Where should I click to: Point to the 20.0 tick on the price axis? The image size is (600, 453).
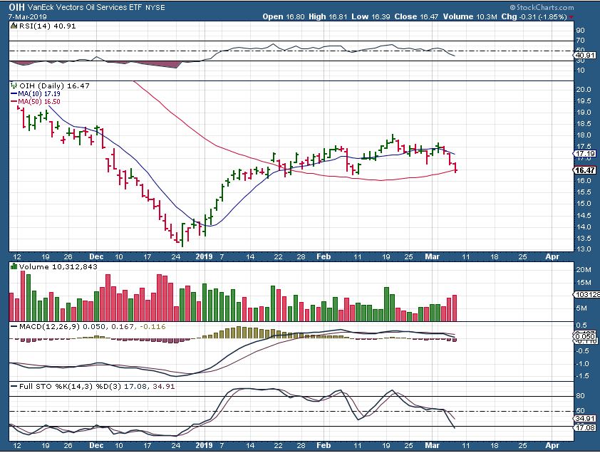(582, 89)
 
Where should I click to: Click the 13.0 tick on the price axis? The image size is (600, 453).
(582, 249)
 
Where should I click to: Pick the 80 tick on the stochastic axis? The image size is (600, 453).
(580, 396)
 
